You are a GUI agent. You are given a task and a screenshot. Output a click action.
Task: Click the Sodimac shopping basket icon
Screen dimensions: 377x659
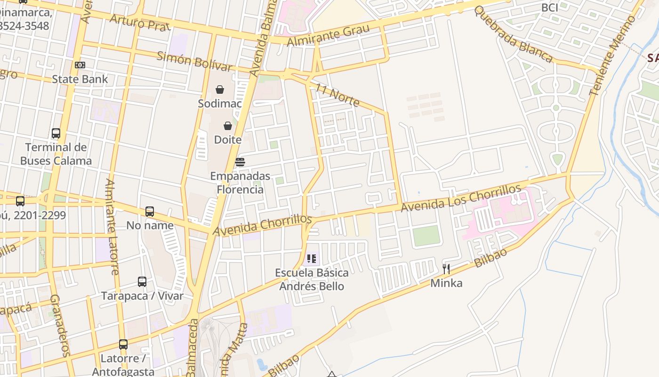220,90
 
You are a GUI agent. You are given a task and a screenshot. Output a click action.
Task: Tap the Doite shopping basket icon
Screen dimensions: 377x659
228,126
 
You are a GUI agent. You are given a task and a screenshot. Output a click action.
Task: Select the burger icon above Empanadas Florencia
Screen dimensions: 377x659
240,162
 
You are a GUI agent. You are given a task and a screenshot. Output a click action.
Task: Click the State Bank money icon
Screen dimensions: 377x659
80,65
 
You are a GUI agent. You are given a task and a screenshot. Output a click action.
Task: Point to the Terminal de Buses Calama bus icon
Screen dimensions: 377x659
56,133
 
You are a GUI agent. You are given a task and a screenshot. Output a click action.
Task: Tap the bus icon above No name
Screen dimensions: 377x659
150,212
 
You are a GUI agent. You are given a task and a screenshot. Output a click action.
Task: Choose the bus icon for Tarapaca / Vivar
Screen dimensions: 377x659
142,282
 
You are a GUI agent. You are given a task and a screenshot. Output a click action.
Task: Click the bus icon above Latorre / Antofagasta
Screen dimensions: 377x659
123,344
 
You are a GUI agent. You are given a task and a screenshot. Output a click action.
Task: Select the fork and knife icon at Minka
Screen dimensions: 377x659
446,269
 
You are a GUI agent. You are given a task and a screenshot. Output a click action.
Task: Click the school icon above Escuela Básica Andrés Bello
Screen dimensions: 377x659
312,258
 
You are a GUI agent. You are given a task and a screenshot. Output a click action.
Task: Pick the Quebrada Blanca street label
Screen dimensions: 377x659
513,34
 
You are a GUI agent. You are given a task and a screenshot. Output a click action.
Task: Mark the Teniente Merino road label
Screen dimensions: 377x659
612,56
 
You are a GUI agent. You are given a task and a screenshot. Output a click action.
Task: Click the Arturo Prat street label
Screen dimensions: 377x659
140,22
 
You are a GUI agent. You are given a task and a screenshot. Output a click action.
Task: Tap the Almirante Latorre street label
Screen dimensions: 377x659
112,226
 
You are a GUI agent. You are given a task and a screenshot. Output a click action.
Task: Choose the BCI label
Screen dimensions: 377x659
550,8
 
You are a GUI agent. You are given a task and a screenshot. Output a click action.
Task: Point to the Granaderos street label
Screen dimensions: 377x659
60,325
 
